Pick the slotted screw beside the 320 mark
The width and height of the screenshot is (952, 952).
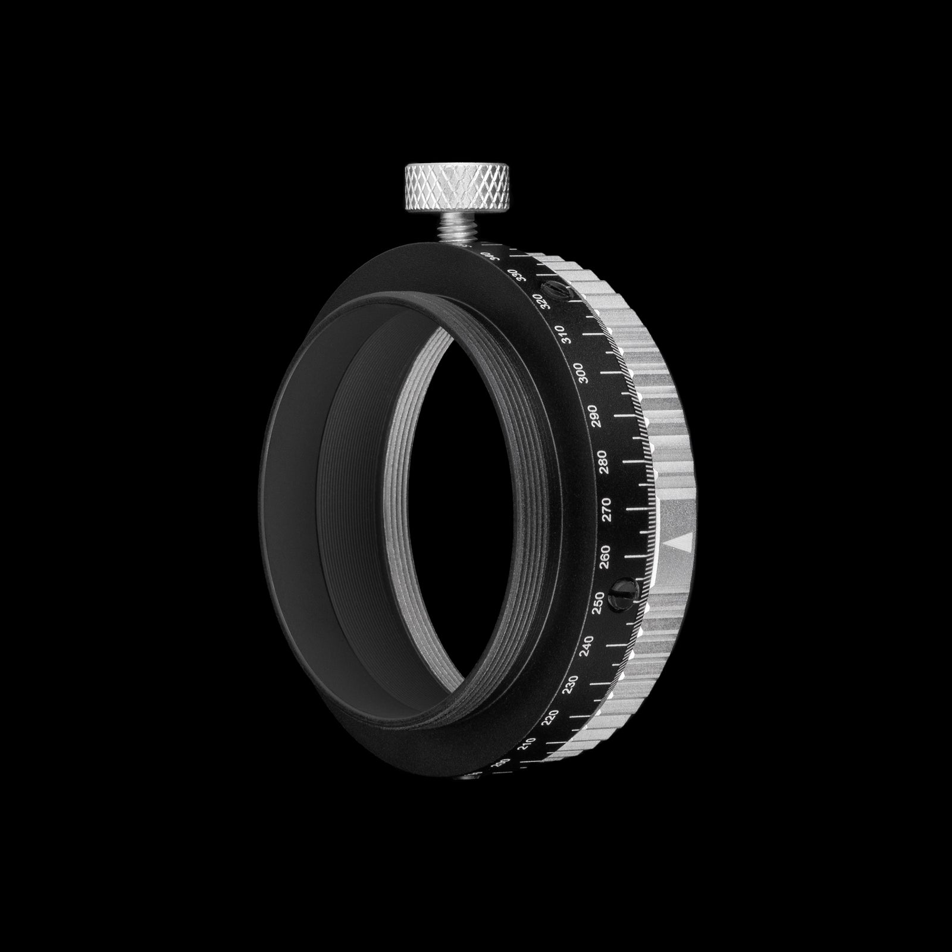[x=559, y=292]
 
